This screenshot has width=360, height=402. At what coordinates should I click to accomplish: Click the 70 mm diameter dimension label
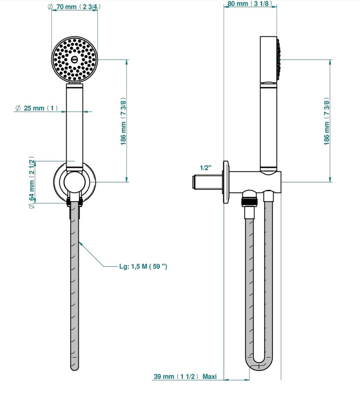pyautogui.click(x=74, y=7)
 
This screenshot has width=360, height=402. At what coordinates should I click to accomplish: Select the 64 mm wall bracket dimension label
pyautogui.click(x=32, y=182)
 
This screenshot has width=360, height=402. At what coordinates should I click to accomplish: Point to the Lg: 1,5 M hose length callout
pyautogui.click(x=143, y=266)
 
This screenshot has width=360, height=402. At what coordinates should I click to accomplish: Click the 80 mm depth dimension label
pyautogui.click(x=250, y=3)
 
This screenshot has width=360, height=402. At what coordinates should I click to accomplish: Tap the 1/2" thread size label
pyautogui.click(x=206, y=168)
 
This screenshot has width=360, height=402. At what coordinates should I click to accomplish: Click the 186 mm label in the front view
pyautogui.click(x=124, y=121)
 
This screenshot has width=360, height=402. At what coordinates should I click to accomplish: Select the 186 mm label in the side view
pyautogui.click(x=326, y=121)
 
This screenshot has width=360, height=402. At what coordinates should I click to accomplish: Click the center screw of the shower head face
pyautogui.click(x=74, y=59)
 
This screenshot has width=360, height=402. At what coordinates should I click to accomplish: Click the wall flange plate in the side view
pyautogui.click(x=226, y=182)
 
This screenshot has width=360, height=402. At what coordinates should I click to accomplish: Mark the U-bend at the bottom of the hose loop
pyautogui.click(x=259, y=364)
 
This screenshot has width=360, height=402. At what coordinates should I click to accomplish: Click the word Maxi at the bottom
pyautogui.click(x=210, y=376)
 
